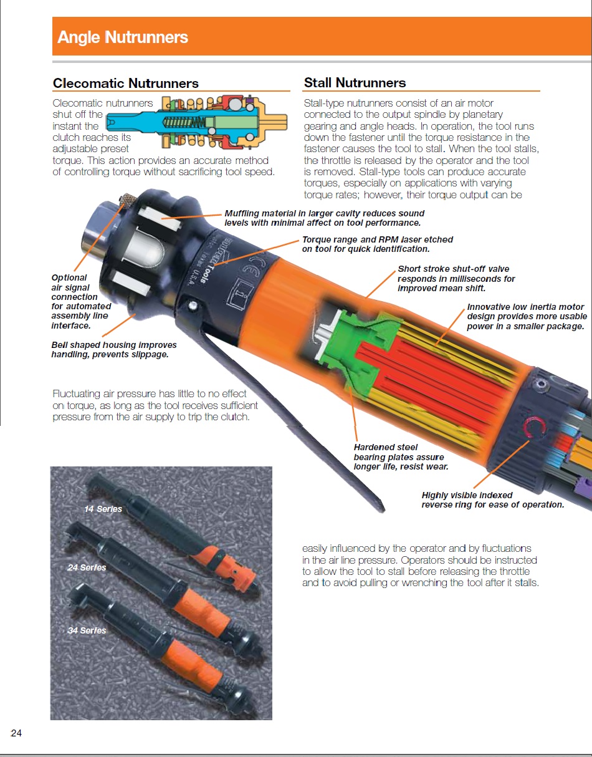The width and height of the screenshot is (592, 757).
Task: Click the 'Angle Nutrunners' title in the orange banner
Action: click(x=123, y=37)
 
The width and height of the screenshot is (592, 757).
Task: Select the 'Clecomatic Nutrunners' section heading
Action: click(x=126, y=84)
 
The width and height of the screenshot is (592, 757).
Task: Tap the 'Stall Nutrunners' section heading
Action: click(x=355, y=83)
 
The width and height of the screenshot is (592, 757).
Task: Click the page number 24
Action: click(x=16, y=733)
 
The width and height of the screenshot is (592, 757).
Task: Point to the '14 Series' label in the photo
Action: click(x=103, y=509)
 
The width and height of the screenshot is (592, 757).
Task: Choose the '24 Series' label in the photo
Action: click(x=87, y=567)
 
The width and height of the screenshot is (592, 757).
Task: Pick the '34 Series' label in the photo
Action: click(x=87, y=630)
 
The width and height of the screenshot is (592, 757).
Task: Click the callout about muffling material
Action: click(x=325, y=218)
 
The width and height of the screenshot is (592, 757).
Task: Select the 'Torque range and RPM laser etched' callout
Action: click(x=377, y=244)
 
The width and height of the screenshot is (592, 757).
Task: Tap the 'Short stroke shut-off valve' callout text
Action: click(x=456, y=279)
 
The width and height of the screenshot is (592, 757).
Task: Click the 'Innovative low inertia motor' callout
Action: click(x=527, y=316)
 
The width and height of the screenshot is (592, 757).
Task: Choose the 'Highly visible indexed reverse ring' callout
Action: click(x=493, y=500)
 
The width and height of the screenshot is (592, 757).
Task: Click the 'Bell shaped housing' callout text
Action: click(x=114, y=349)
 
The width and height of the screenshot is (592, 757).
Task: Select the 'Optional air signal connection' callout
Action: click(x=81, y=301)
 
